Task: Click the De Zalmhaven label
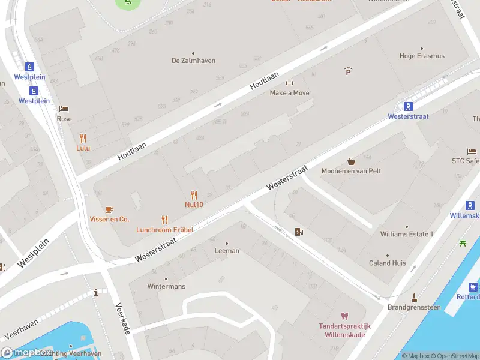click(193, 61)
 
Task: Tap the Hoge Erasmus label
click(422, 56)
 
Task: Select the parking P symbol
click(348, 71)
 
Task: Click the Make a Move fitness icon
click(289, 83)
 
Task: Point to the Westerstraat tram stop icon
click(408, 107)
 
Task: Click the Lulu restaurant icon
click(83, 138)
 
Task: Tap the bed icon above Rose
click(64, 109)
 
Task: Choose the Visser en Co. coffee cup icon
click(109, 209)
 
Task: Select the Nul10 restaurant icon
click(194, 194)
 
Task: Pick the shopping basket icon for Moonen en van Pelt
click(351, 161)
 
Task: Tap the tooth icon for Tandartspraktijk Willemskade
click(344, 316)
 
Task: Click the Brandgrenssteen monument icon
click(413, 297)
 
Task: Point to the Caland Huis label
click(387, 263)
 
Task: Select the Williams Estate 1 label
click(406, 234)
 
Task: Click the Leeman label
click(227, 251)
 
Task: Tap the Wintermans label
click(166, 286)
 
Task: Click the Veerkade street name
click(122, 319)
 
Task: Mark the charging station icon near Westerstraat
click(299, 232)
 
